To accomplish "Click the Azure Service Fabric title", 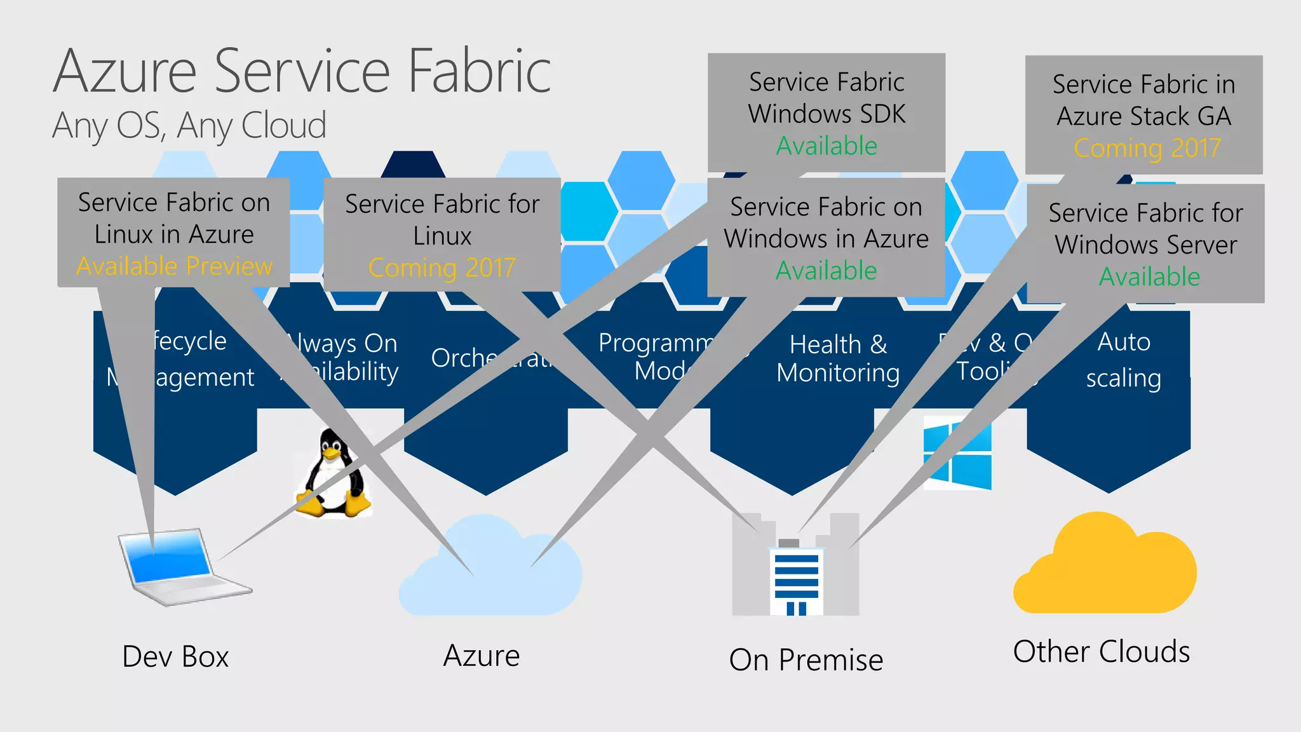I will coord(302,71).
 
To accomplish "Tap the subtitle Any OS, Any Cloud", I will coord(189,125).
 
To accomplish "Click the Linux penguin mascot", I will coord(332,473).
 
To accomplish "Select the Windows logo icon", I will coord(957,452).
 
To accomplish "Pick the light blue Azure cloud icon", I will coord(489,569).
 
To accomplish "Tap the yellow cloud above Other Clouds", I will coord(1105,566).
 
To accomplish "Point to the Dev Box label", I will coord(175,656).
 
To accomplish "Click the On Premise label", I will coord(806,660).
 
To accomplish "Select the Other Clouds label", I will coord(1102,652).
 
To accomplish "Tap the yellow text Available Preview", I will coord(174,266).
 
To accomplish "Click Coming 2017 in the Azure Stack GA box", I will coord(1147,148).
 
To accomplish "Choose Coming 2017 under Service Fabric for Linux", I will coord(442,268).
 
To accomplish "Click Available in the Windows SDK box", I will coord(826,146).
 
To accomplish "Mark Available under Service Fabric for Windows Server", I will coord(1149,277).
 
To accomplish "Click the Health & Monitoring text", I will coord(838,358).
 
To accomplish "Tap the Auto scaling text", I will coord(1123,360).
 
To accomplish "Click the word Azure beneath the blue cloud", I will coord(482,656).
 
